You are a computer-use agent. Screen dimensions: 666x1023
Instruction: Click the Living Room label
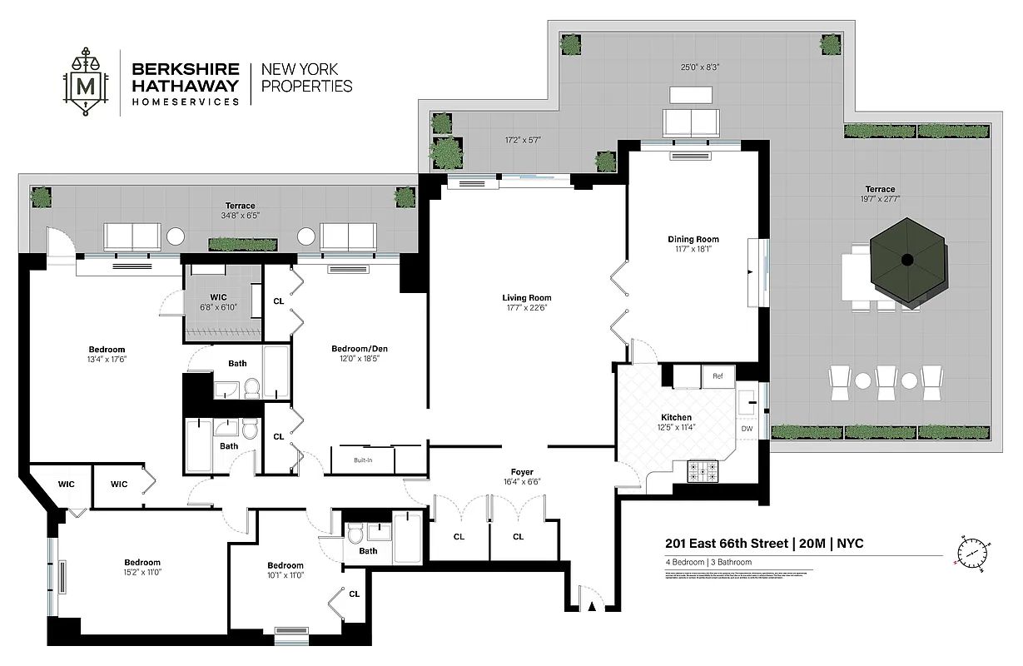pos(526,298)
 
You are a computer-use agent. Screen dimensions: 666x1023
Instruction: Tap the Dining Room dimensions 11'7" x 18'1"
pos(693,251)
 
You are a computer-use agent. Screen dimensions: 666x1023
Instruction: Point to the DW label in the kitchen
pos(747,429)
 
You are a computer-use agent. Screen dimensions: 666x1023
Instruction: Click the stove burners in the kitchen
pos(703,472)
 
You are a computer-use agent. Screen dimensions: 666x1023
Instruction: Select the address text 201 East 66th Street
pos(726,544)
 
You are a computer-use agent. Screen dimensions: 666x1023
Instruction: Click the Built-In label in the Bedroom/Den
pos(363,460)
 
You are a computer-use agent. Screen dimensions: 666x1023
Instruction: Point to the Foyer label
pos(522,472)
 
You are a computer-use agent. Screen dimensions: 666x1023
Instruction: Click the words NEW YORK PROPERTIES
pos(307,77)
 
